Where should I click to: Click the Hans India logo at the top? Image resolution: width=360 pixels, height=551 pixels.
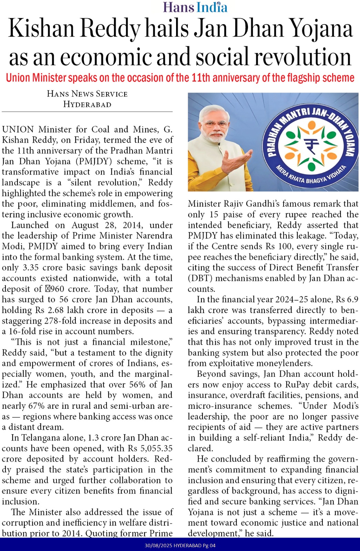coord(195,7)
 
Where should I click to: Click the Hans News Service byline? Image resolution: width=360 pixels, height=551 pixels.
coord(87,94)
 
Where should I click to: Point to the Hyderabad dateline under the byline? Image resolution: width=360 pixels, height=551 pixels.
coord(87,104)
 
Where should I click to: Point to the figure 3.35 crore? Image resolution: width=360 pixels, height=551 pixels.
coord(36,268)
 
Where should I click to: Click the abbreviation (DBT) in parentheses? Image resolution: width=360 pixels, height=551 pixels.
coord(199,278)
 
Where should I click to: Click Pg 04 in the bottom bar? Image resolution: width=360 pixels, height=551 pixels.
coord(210,545)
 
